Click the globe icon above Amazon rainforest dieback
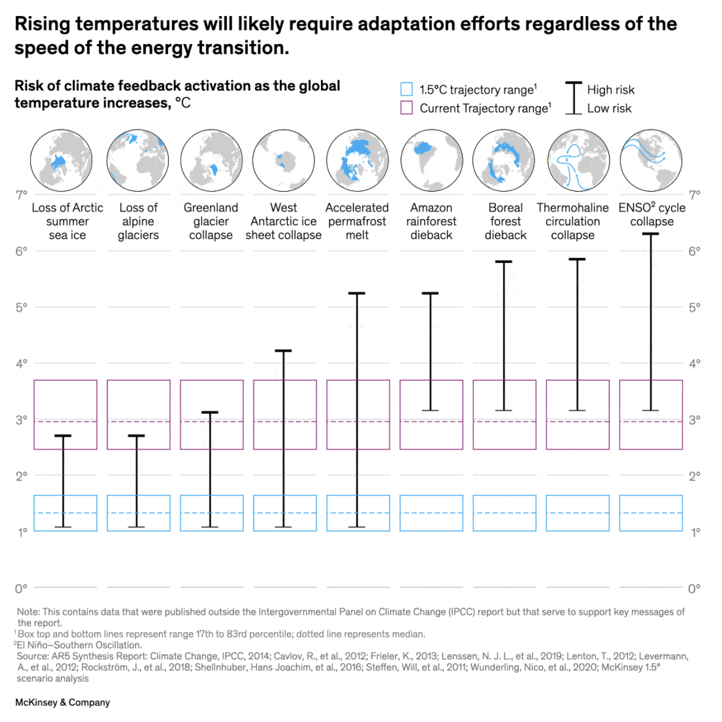click(432, 160)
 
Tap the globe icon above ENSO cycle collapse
click(651, 160)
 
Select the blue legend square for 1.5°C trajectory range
click(406, 90)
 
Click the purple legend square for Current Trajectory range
click(406, 108)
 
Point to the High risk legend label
click(611, 90)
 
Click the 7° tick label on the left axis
click(21, 195)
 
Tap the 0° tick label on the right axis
click(694, 588)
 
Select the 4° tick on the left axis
click(21, 363)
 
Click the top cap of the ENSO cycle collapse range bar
click(650, 234)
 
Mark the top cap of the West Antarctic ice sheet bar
click(284, 351)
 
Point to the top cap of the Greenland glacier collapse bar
click(210, 412)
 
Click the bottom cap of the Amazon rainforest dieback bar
click(430, 410)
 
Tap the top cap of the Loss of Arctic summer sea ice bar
click(63, 436)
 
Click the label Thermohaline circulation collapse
click(572, 222)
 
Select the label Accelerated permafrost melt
click(357, 222)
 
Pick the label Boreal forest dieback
click(505, 222)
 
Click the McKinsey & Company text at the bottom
click(63, 702)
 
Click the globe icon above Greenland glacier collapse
click(211, 160)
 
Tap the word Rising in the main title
click(42, 24)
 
